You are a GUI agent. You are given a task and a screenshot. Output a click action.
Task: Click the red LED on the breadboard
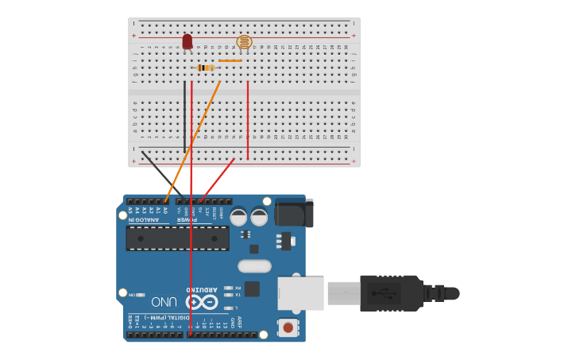187,41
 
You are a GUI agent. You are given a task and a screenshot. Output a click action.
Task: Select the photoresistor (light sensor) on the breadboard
244,42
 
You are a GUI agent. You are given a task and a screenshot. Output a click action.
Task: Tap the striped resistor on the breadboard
206,68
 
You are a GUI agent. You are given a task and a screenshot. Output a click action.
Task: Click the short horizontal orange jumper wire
230,60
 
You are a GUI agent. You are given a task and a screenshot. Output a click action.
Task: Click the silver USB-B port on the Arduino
300,293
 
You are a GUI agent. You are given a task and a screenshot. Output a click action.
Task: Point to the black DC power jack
293,213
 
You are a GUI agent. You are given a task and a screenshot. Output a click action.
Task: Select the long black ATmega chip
177,238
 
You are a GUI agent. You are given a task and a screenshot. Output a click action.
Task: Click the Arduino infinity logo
201,302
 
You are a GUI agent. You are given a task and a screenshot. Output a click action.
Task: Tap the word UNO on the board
164,302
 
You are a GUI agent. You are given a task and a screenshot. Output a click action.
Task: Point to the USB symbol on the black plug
389,293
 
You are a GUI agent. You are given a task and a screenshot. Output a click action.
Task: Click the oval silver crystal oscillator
254,265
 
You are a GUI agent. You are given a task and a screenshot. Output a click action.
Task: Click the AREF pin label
239,322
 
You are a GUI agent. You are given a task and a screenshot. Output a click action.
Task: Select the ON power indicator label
132,295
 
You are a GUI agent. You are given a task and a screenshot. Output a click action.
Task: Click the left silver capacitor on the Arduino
238,216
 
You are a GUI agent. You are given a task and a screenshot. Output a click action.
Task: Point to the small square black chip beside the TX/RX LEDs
252,288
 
